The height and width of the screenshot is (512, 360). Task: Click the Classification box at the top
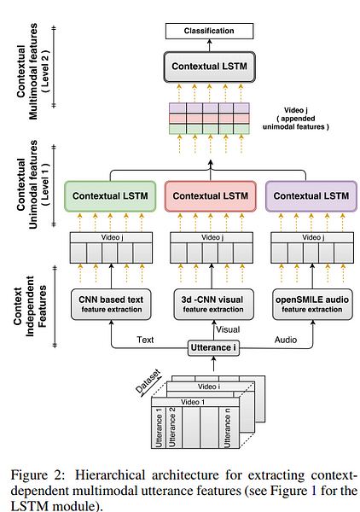coord(209,31)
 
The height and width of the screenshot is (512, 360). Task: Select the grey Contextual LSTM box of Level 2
coord(209,67)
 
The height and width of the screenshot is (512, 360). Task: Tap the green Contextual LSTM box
coord(110,196)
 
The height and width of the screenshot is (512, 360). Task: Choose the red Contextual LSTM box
coord(210,196)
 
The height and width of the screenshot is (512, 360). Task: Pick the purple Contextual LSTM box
coord(311,196)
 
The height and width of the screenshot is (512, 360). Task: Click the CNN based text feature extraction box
coord(111,305)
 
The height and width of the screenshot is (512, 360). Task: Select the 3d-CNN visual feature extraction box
coord(213,305)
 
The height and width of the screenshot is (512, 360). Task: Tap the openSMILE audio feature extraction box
coord(312,305)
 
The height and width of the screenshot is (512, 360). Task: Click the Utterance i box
coord(213,348)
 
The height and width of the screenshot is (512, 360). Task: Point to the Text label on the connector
coord(145,340)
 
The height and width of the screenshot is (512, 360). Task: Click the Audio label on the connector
coord(286,340)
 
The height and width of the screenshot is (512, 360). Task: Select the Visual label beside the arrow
coord(228,329)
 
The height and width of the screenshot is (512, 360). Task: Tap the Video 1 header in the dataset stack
coord(193,402)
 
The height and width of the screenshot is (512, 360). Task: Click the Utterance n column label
coord(227,428)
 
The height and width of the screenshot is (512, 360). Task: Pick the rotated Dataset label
coord(148,381)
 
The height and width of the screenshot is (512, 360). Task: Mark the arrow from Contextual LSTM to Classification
coord(209,45)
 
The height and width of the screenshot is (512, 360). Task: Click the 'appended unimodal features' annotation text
coord(296,122)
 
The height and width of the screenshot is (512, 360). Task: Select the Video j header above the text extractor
coord(112,237)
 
